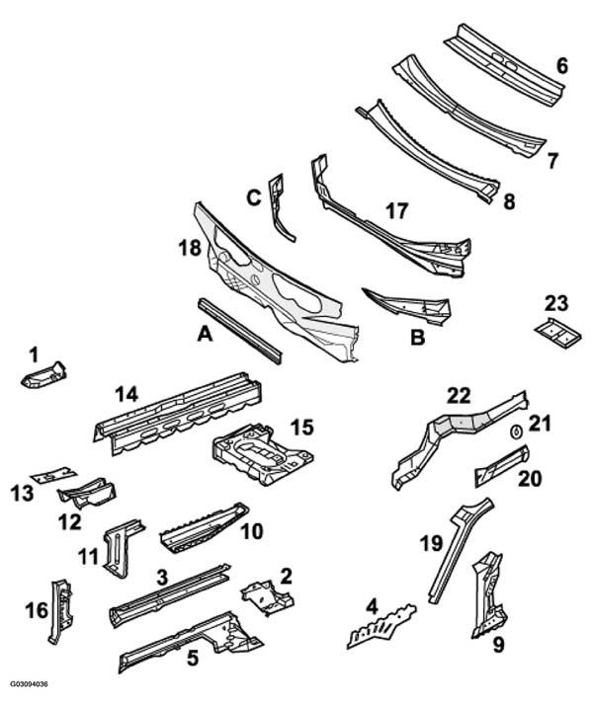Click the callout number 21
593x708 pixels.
540,424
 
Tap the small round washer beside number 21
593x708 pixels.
515,432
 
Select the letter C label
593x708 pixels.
254,197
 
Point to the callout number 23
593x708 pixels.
555,303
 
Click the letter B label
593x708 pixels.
418,338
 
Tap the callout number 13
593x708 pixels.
22,493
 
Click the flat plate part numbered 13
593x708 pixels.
53,474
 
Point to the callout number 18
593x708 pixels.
190,248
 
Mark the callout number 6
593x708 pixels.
561,66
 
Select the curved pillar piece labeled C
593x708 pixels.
280,207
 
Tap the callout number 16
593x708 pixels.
37,611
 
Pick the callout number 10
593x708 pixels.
252,531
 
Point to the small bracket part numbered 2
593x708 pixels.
267,597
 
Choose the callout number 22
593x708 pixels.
459,396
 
